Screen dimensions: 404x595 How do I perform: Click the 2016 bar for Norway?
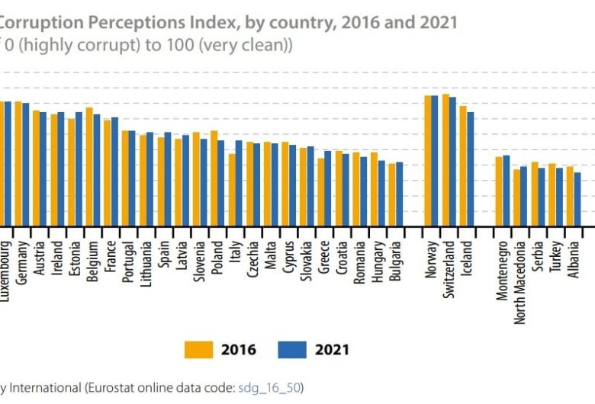pyautogui.click(x=429, y=161)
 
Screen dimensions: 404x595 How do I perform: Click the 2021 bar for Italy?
pyautogui.click(x=239, y=183)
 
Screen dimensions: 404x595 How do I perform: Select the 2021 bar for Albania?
pyautogui.click(x=578, y=200)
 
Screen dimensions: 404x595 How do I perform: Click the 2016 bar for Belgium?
pyautogui.click(x=89, y=167)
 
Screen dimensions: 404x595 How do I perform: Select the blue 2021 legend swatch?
pyautogui.click(x=290, y=350)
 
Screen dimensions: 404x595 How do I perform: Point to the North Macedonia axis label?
pyautogui.click(x=521, y=283)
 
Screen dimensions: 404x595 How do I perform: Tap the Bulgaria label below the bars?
pyautogui.click(x=396, y=264)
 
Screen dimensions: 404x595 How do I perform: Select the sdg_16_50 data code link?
pyautogui.click(x=269, y=388)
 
